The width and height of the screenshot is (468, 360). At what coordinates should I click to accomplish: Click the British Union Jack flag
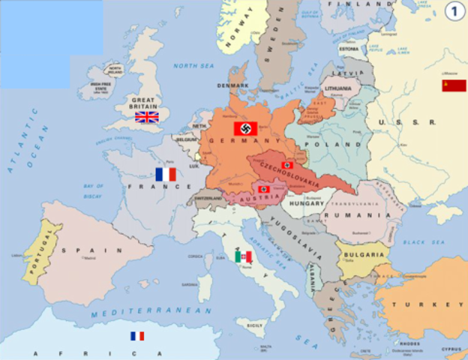point(146,116)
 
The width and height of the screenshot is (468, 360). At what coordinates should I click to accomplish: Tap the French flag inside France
point(165,174)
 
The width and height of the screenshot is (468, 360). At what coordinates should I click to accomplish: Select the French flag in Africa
point(136,336)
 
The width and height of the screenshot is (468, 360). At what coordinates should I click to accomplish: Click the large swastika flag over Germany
point(245,128)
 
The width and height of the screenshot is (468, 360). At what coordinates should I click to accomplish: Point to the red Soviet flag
point(454,85)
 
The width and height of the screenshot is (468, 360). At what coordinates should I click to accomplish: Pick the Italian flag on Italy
point(243,256)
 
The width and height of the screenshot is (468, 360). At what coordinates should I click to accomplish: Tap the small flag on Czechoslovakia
point(286,165)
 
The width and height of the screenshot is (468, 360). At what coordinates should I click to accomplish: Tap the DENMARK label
point(232,85)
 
